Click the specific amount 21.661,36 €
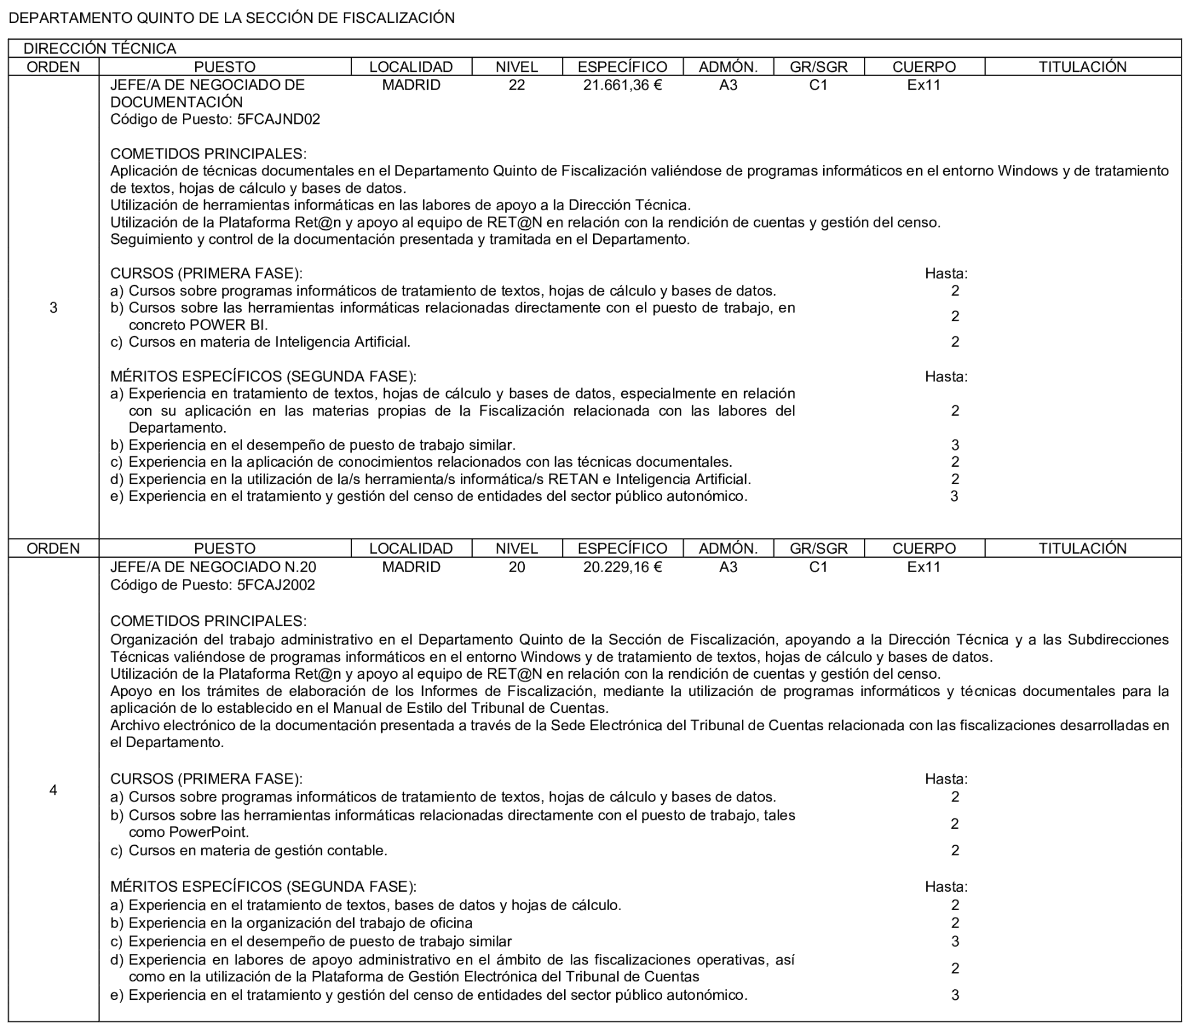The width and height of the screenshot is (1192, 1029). coord(622,85)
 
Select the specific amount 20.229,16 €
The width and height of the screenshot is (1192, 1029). coord(622,567)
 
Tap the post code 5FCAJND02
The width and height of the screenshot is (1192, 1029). coord(279,119)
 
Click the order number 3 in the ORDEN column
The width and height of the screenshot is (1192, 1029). coord(53,308)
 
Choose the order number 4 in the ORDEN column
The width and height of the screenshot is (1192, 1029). coord(53,790)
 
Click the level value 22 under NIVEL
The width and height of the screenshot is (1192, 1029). coord(516,85)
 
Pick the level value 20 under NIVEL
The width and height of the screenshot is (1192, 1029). coord(516,567)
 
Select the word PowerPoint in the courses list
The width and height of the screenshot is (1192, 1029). coord(209,832)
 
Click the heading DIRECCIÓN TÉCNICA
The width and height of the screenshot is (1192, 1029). coord(100,48)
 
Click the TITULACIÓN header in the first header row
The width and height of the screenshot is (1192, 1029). coord(1082,67)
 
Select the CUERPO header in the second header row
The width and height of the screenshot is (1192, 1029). coord(924,548)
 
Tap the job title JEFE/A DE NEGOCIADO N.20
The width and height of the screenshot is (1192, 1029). coord(213,567)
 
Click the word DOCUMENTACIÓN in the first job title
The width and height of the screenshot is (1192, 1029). coord(176,103)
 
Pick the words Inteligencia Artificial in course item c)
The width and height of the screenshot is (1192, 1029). coord(343,342)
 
